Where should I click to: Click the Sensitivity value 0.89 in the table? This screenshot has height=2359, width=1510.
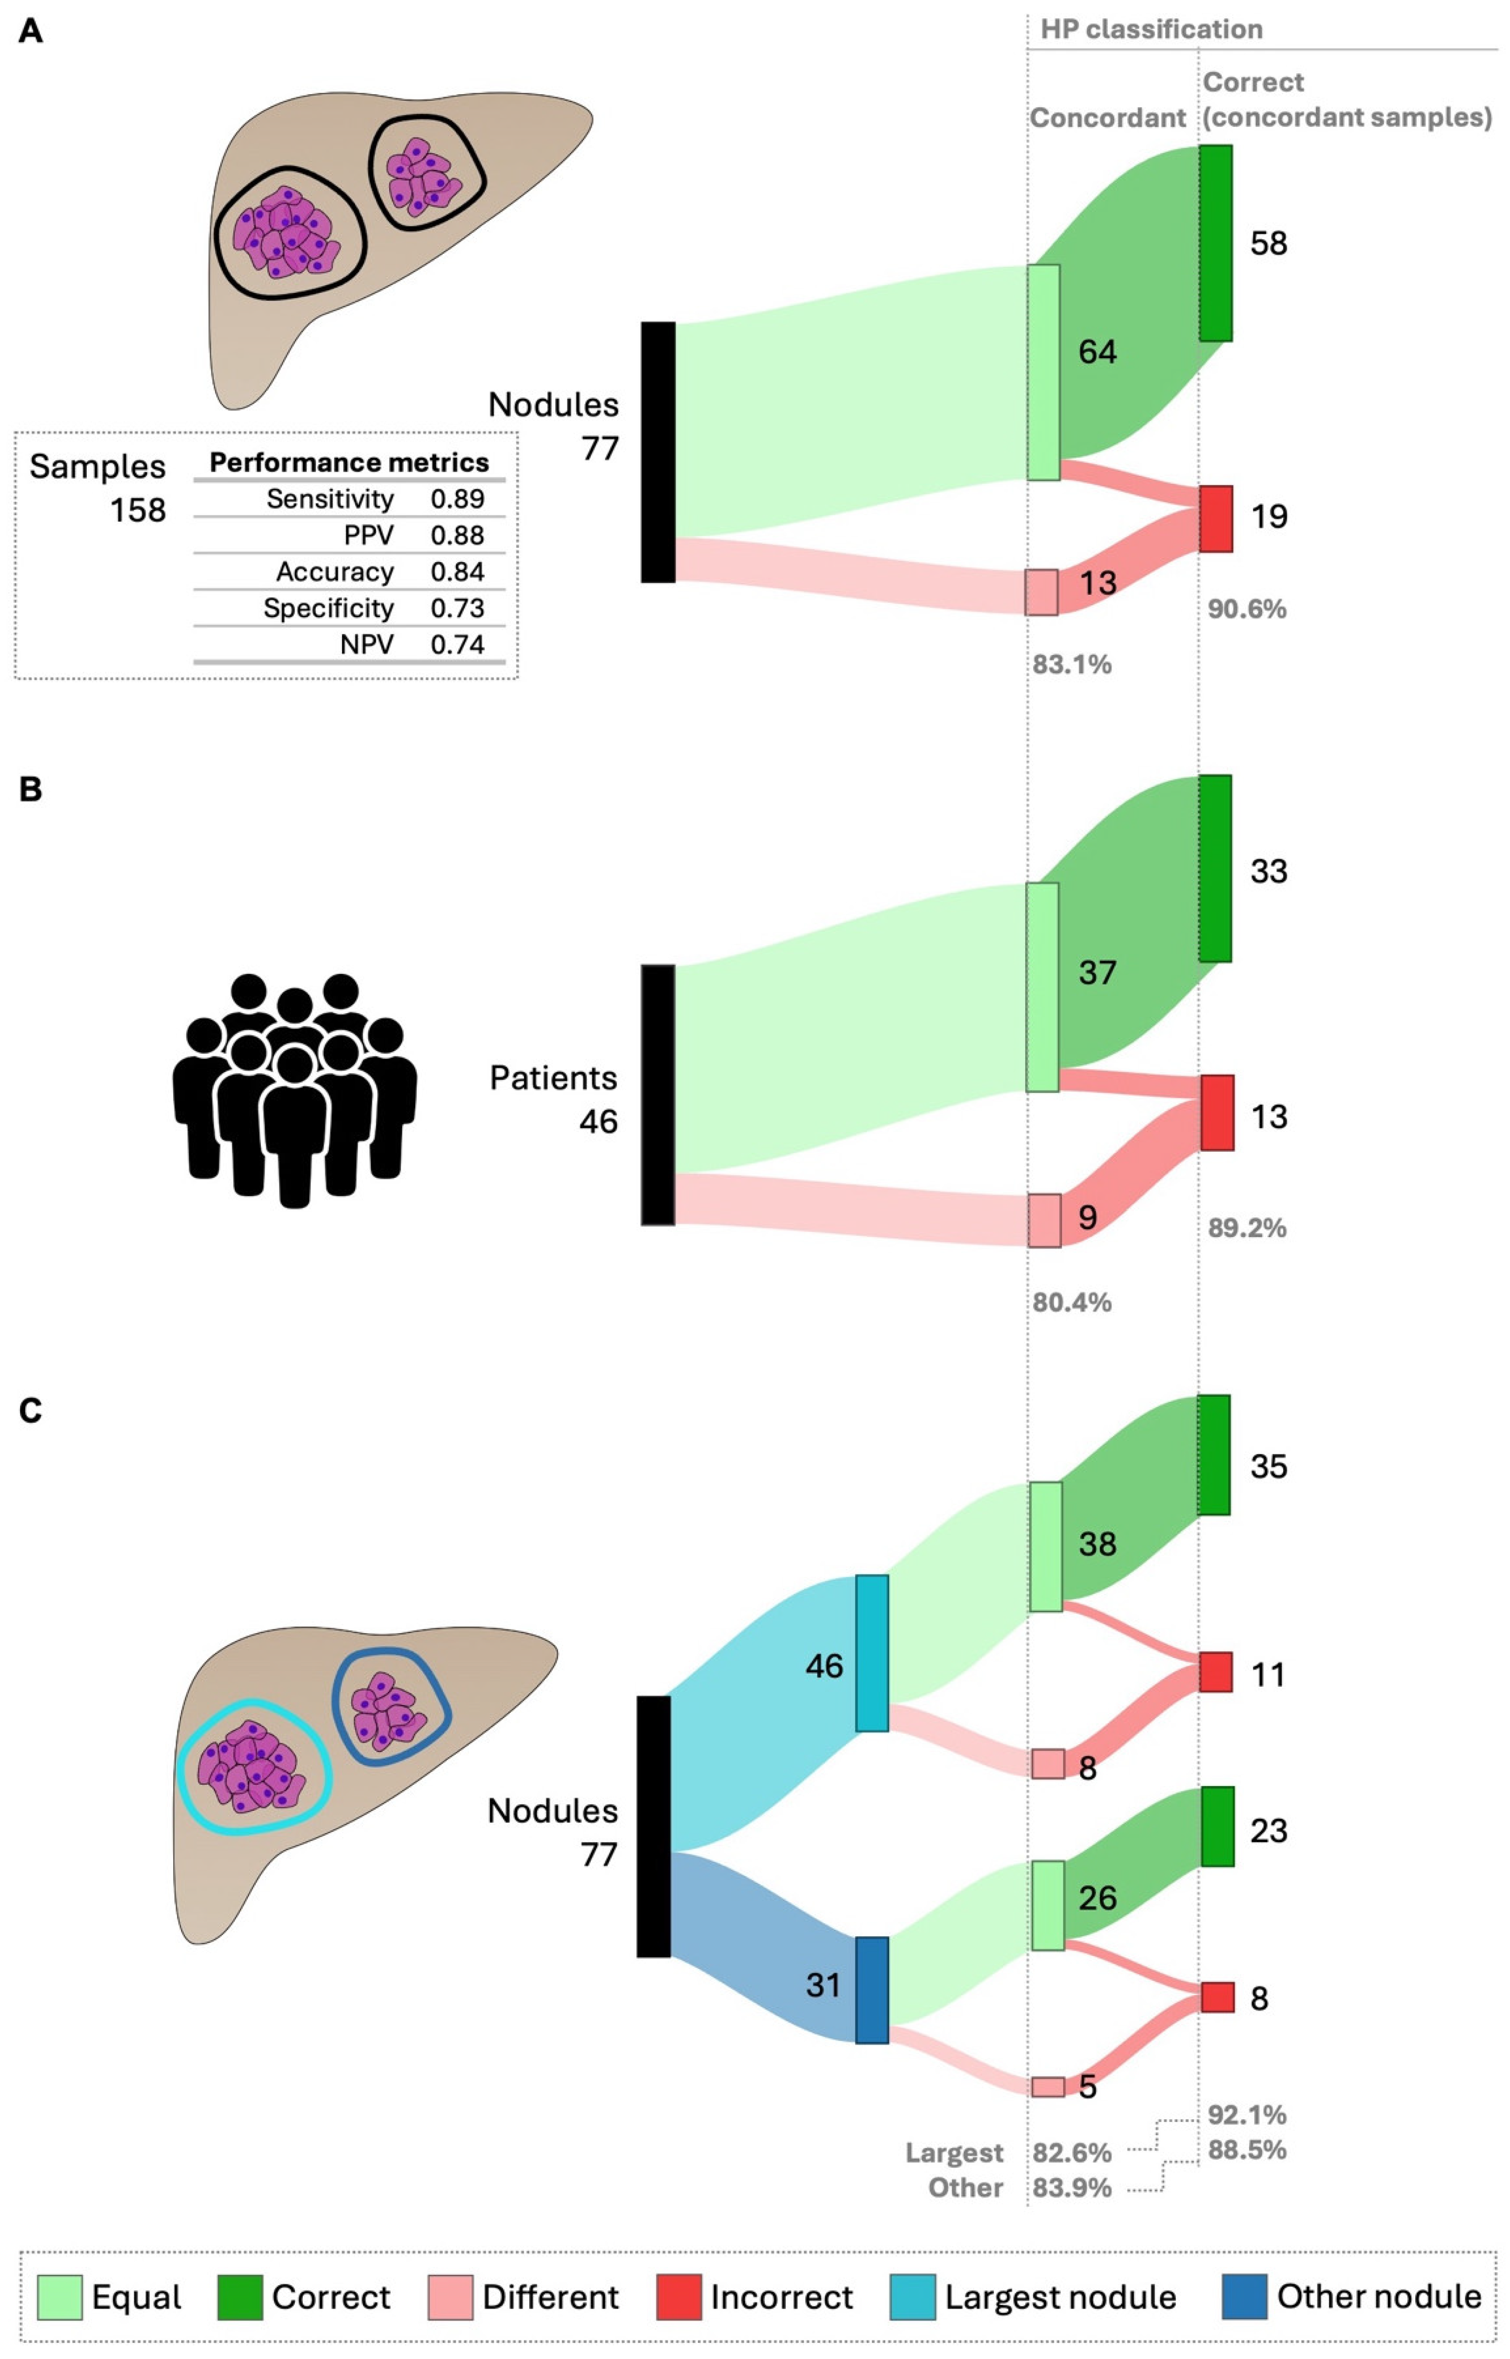coord(457,499)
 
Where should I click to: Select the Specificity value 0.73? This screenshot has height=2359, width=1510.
coord(457,609)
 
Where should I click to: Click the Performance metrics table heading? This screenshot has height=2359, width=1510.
coord(349,463)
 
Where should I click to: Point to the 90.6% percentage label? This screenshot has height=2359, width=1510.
coord(1246,610)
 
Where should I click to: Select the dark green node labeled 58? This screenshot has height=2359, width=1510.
coord(1216,243)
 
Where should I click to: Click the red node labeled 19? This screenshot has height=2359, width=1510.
coord(1216,518)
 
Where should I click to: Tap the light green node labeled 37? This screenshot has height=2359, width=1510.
coord(1042,987)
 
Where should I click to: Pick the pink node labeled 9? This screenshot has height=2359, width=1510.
coord(1044,1220)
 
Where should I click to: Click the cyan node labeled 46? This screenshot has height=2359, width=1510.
coord(872,1653)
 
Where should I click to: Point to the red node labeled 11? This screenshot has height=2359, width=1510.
coord(1216,1672)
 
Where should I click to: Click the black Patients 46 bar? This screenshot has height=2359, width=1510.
coord(658,1095)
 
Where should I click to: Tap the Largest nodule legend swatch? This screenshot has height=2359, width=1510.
coord(912,2297)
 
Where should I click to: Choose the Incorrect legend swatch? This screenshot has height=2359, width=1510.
coord(678,2297)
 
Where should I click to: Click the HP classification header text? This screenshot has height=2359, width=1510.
coord(1151,29)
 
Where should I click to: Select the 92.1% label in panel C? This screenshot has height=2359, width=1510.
coord(1246,2115)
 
